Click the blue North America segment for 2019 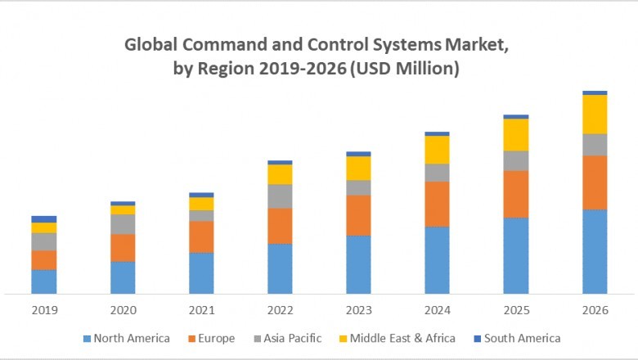(44, 281)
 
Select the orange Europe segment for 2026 (595, 182)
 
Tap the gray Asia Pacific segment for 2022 (280, 196)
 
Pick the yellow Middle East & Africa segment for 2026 (595, 114)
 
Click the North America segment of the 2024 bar (438, 259)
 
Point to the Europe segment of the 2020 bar (123, 247)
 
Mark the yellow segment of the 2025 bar (516, 134)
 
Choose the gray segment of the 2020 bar (123, 223)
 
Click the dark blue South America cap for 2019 (44, 219)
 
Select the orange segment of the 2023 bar (358, 215)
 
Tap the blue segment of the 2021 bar (201, 272)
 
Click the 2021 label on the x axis (201, 311)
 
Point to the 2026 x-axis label (595, 311)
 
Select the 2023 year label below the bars (358, 311)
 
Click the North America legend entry (131, 338)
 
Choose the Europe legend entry (216, 338)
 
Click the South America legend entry (522, 338)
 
